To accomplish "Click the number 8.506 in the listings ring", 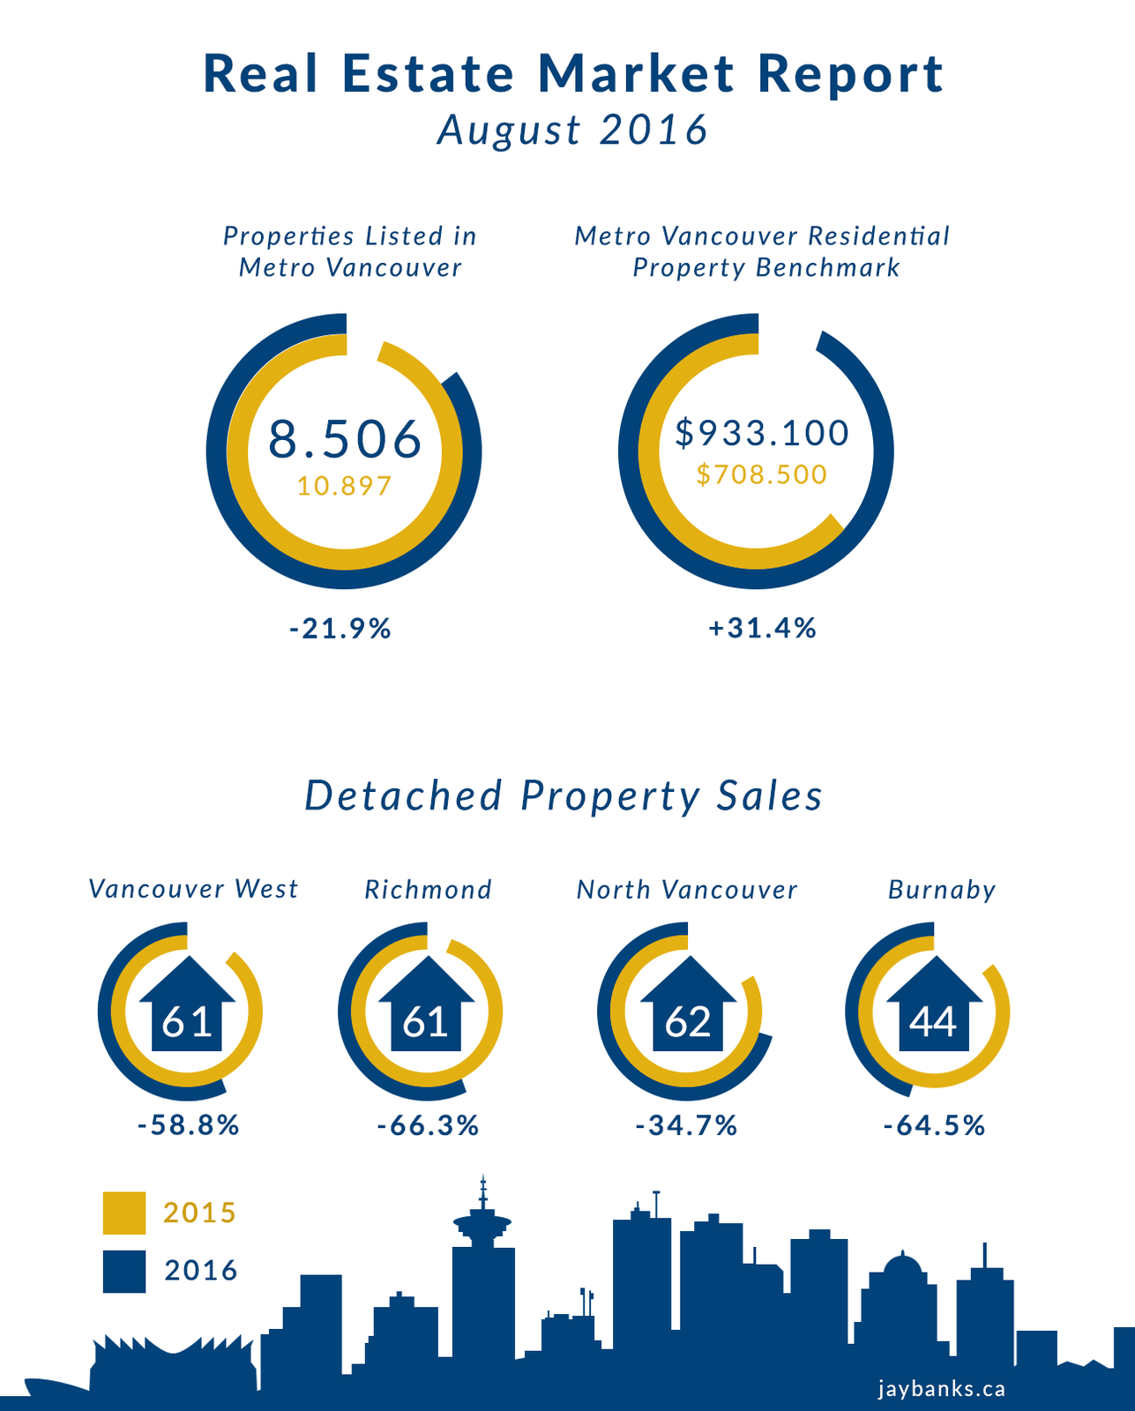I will point(345,439).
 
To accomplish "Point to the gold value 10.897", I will point(344,486).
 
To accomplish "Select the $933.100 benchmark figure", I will point(762,432).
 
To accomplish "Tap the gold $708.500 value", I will point(762,474).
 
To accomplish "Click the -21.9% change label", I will point(340,629).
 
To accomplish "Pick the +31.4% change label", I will point(763,629).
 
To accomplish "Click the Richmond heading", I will point(429,890).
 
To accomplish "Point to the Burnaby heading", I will point(942,890).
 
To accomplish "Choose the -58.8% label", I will point(189,1126).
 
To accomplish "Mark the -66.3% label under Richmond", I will point(428,1126).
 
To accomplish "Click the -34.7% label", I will point(686,1126).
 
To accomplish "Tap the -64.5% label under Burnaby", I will point(934,1126).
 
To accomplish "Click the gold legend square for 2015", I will point(124,1213).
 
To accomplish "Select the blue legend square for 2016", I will point(124,1272).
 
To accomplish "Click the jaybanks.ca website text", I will point(942,1389).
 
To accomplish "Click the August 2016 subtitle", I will point(573,130).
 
